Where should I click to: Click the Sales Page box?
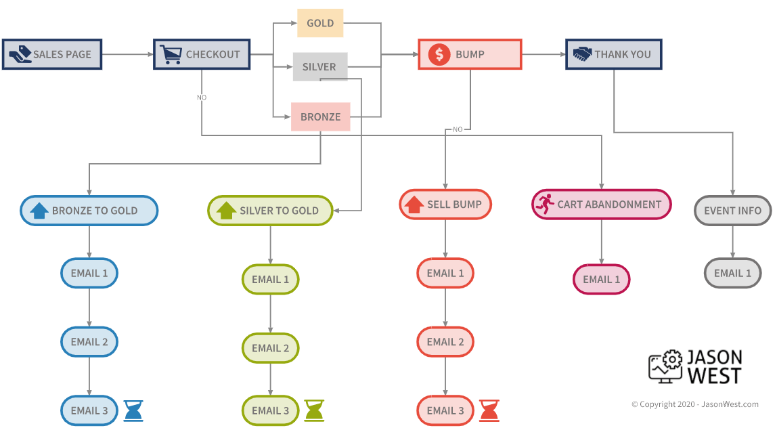pos(52,54)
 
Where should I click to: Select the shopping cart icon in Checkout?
pos(171,54)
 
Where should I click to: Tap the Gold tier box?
pos(320,23)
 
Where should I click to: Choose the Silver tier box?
pos(319,67)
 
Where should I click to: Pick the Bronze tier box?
pos(320,116)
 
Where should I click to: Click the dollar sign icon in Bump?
pos(439,54)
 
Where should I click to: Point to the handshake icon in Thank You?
pos(582,54)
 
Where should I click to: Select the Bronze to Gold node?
pos(89,211)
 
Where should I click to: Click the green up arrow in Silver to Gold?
pos(225,211)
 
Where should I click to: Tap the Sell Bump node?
pos(445,205)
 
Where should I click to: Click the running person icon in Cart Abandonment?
pos(543,204)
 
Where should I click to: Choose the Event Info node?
pos(732,211)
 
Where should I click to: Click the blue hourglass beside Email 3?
pos(133,410)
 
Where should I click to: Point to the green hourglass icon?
pos(314,410)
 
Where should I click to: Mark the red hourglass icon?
pos(489,410)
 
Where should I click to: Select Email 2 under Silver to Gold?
pos(270,348)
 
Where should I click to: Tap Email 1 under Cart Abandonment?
pos(602,279)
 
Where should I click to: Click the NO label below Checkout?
pos(202,98)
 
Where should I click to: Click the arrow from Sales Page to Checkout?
pos(127,54)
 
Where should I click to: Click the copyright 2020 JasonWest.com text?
pos(695,404)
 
